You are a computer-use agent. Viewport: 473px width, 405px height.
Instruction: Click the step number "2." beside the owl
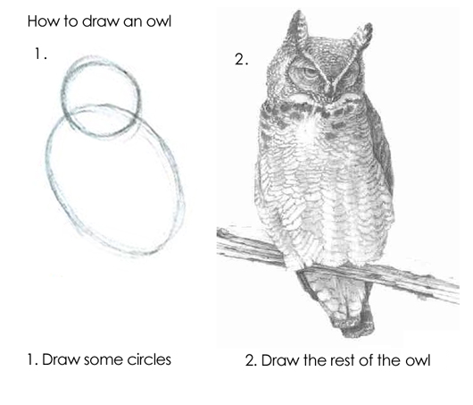(x=240, y=61)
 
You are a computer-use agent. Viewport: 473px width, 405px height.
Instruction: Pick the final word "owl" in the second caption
(x=416, y=361)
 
